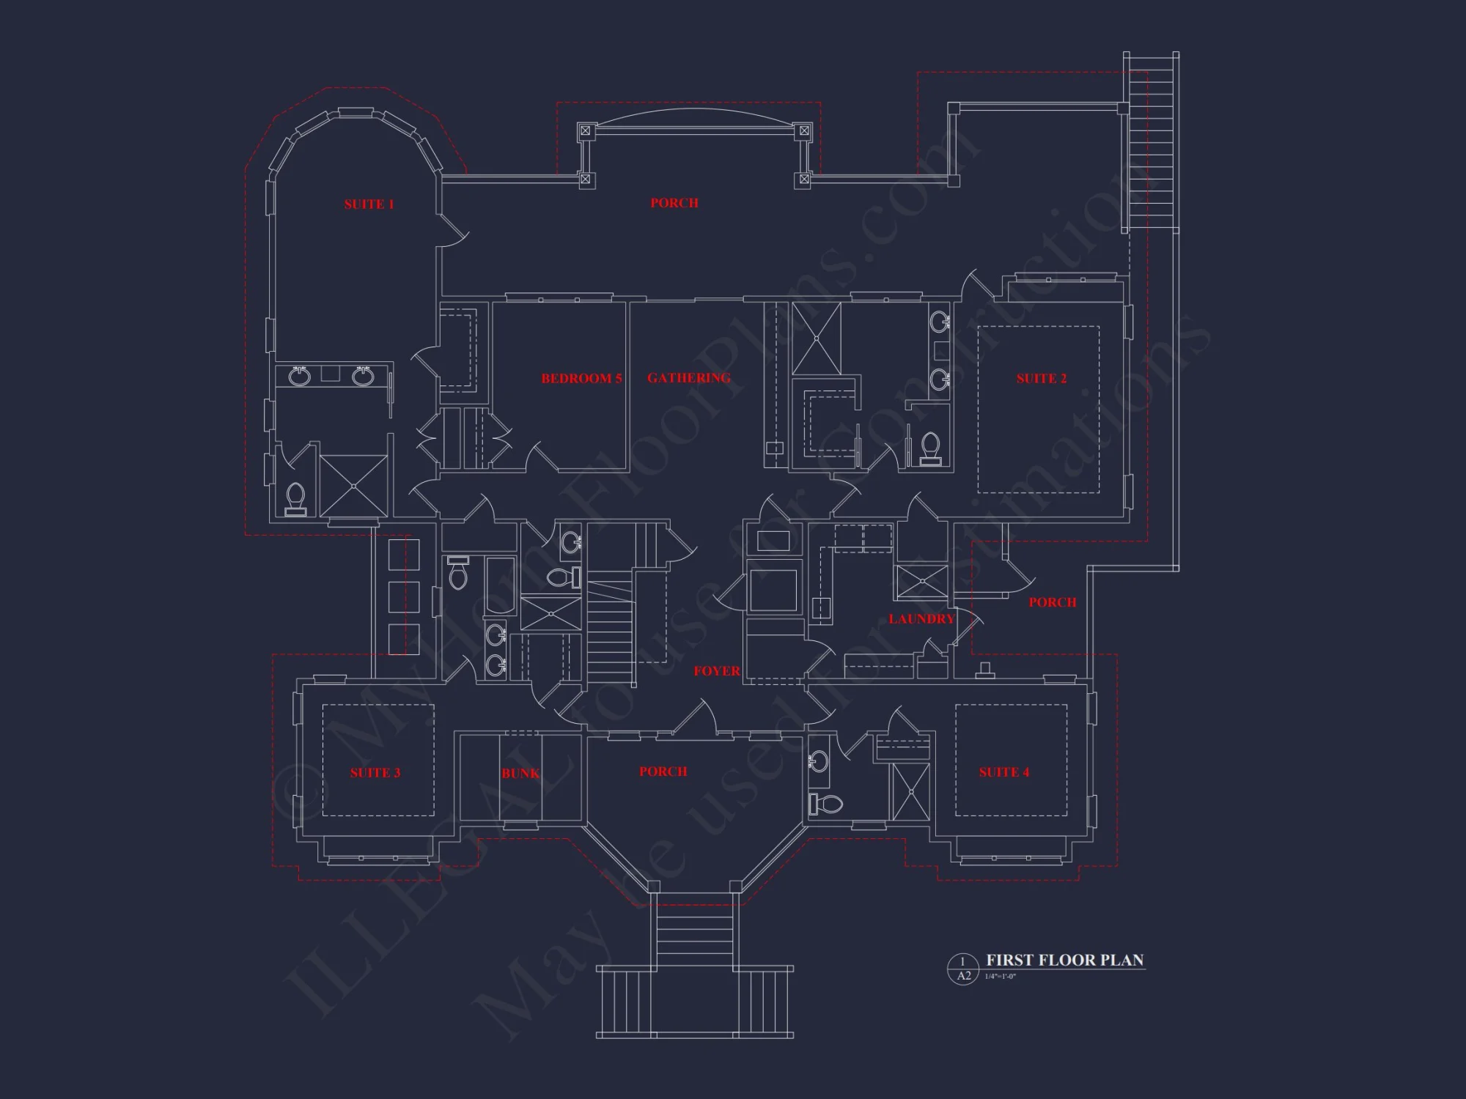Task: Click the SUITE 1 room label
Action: click(369, 204)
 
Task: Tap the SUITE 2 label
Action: click(1042, 379)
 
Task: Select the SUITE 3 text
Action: click(375, 773)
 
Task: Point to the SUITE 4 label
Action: click(1004, 772)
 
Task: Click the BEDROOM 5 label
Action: click(581, 379)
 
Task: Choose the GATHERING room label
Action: click(689, 378)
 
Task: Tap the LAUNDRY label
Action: click(921, 619)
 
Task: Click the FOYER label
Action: click(717, 671)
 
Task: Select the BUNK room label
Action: click(520, 774)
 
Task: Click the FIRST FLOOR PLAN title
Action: click(1064, 960)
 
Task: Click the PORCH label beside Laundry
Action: click(1052, 602)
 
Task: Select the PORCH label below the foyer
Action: click(663, 771)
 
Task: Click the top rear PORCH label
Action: click(674, 203)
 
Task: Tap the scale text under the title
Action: click(1001, 977)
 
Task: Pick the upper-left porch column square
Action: click(585, 131)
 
